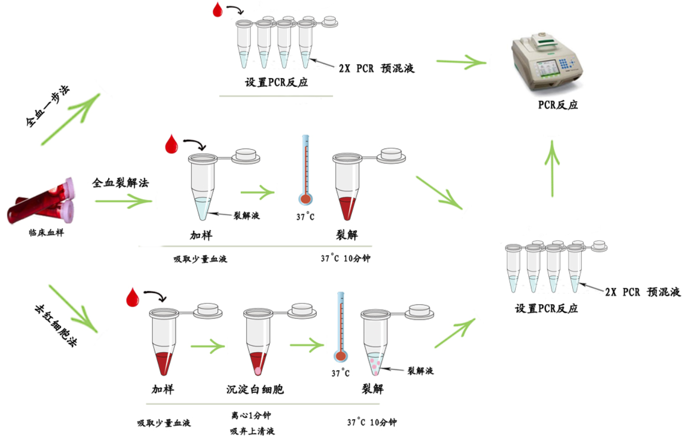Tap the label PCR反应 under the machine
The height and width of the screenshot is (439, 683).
[558, 105]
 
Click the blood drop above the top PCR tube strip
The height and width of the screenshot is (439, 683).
[218, 10]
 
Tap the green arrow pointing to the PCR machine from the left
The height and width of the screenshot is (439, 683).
[461, 62]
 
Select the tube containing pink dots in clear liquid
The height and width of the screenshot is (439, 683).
[376, 345]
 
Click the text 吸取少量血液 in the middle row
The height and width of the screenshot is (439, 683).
[200, 259]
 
